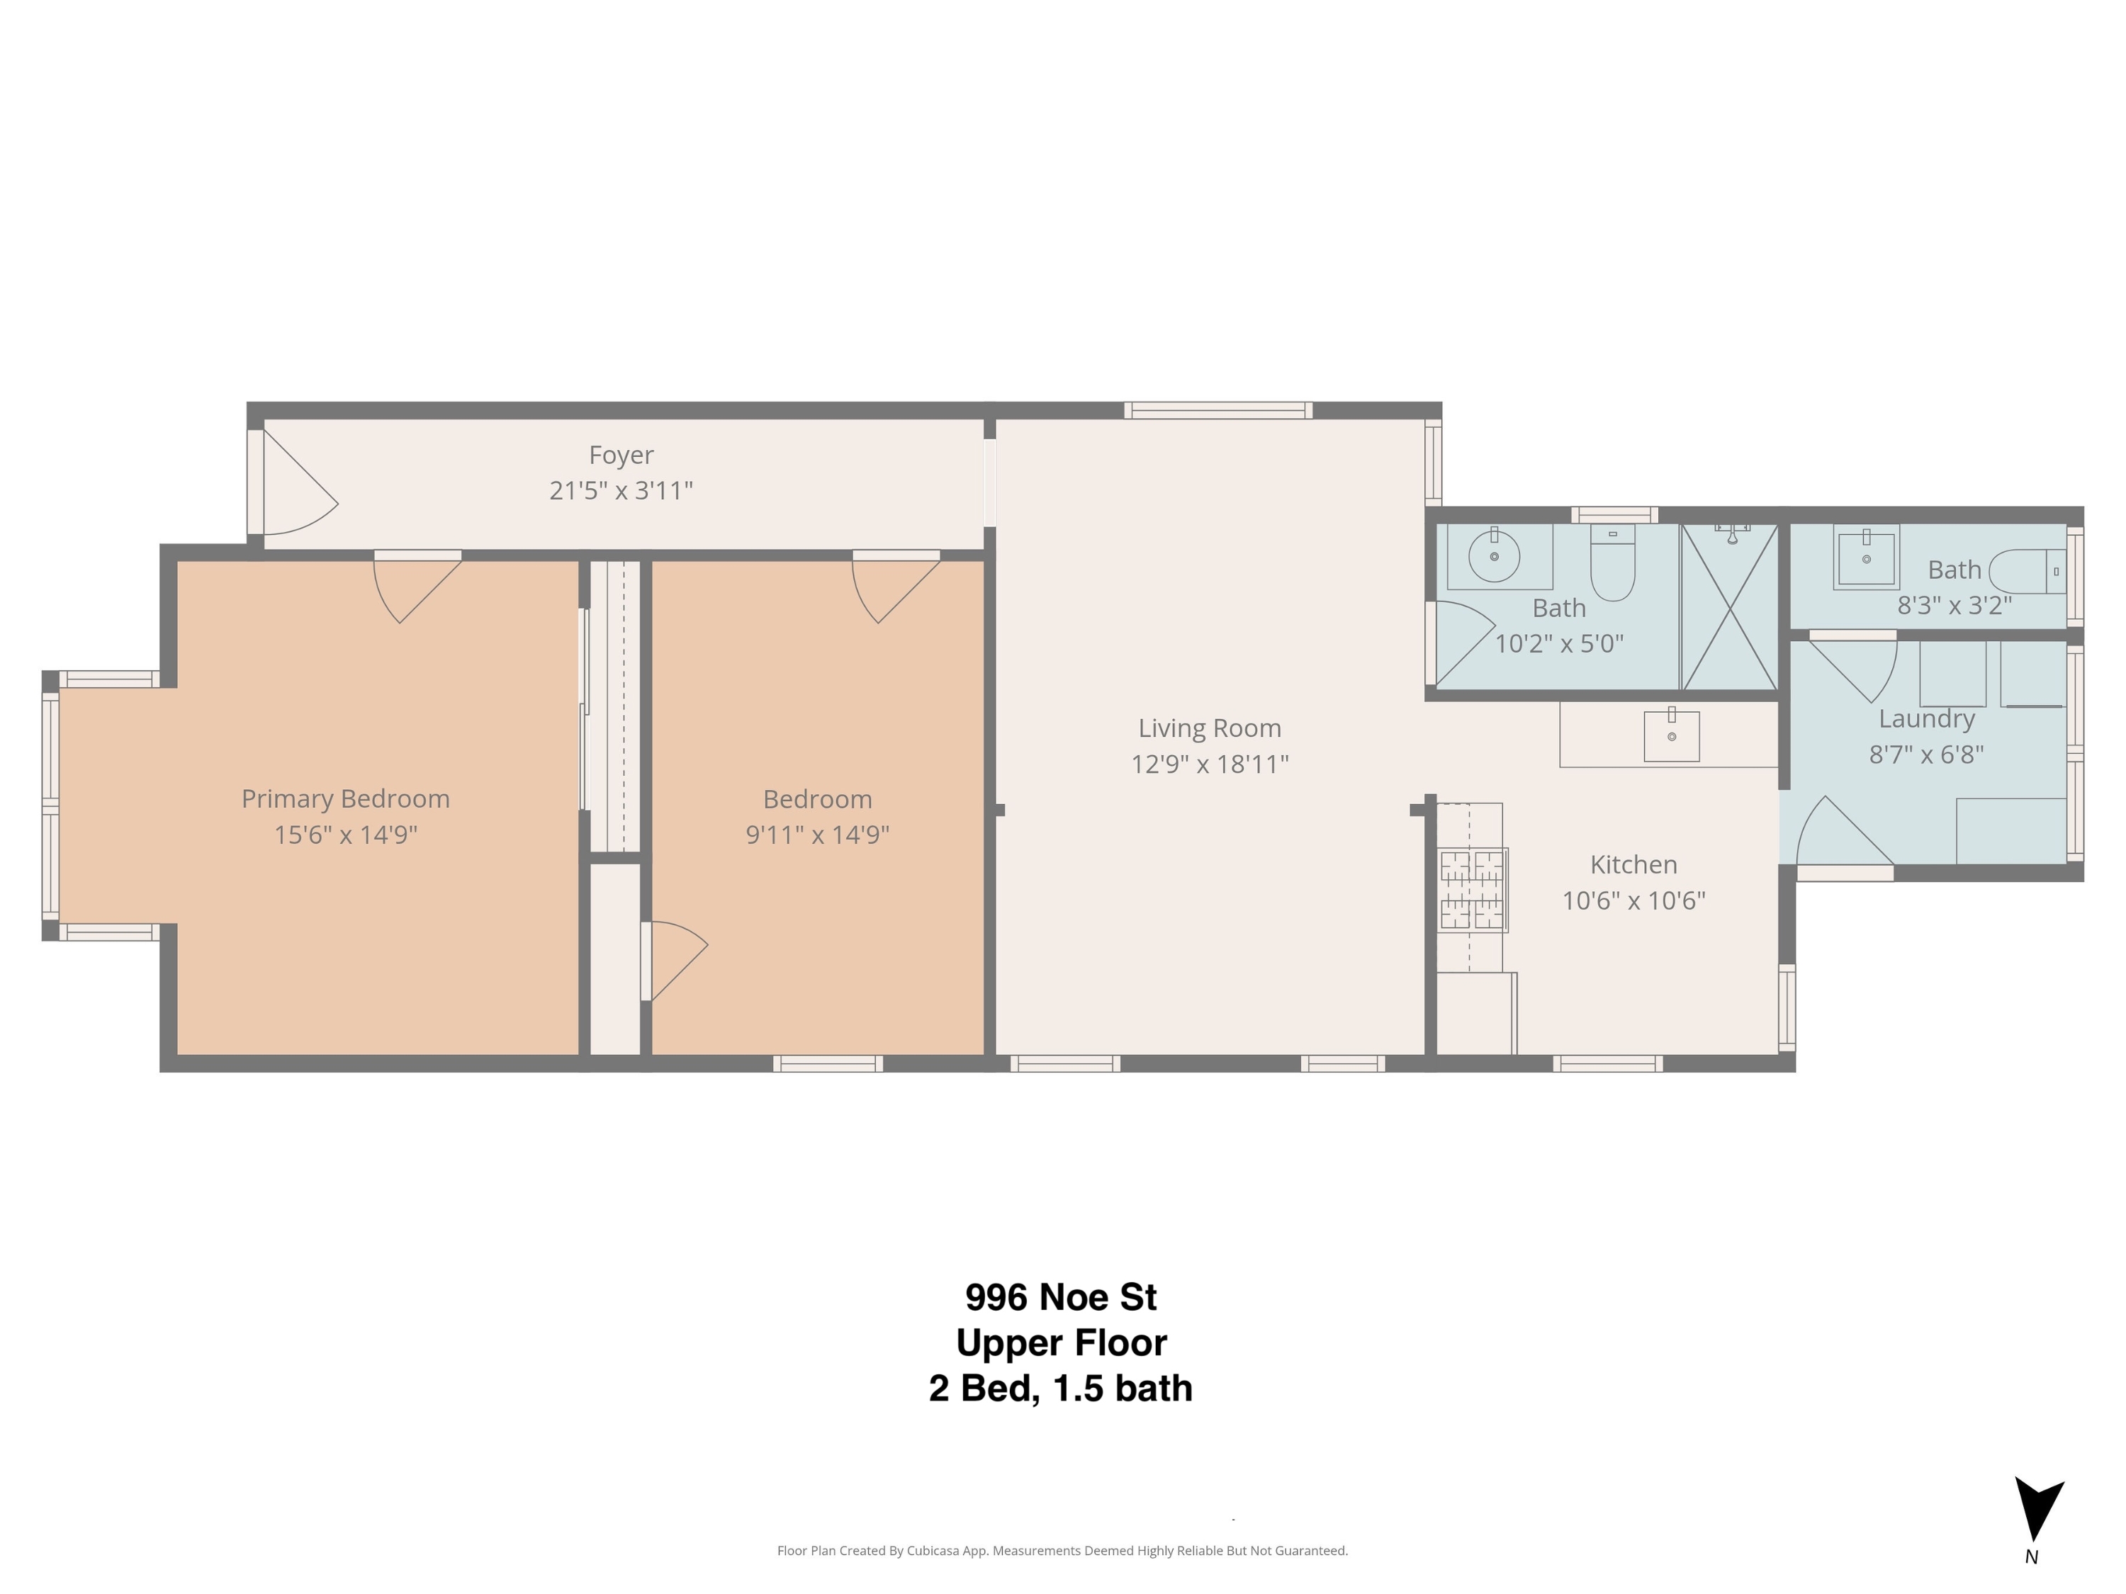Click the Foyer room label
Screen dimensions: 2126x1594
point(621,455)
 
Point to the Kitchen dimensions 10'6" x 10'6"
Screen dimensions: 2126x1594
point(1634,900)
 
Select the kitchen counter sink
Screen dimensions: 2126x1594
point(1671,735)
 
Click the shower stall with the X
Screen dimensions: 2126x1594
point(1730,607)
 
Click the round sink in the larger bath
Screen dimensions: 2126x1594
point(1494,556)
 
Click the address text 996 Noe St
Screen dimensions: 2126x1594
point(1061,1297)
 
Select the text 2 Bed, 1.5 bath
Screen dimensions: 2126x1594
point(1061,1389)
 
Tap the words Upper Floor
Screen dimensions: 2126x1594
point(1061,1343)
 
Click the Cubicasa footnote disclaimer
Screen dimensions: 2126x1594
point(1062,1550)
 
